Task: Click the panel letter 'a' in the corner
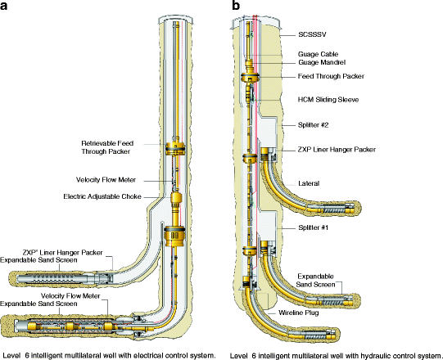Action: (7, 7)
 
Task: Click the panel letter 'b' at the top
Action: (237, 7)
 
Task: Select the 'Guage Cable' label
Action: (315, 55)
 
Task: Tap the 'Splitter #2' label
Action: (314, 125)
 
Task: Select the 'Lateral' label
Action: (310, 184)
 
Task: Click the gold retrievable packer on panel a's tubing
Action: (175, 149)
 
